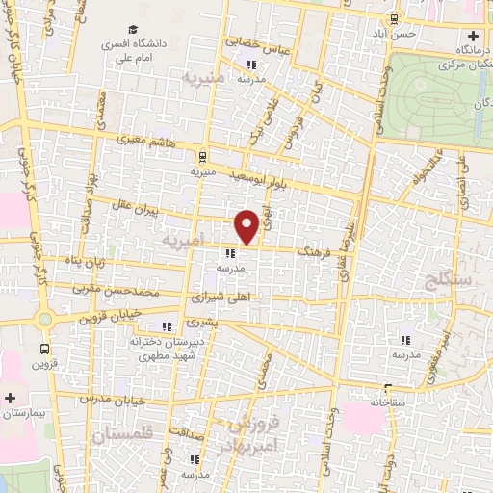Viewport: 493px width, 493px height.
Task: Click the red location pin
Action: (246, 225)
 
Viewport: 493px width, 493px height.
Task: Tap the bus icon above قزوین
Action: (44, 349)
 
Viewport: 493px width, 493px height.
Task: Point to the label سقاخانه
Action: (397, 399)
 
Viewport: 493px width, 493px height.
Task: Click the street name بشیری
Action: (204, 322)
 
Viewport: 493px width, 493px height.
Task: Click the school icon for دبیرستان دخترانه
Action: (168, 325)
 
